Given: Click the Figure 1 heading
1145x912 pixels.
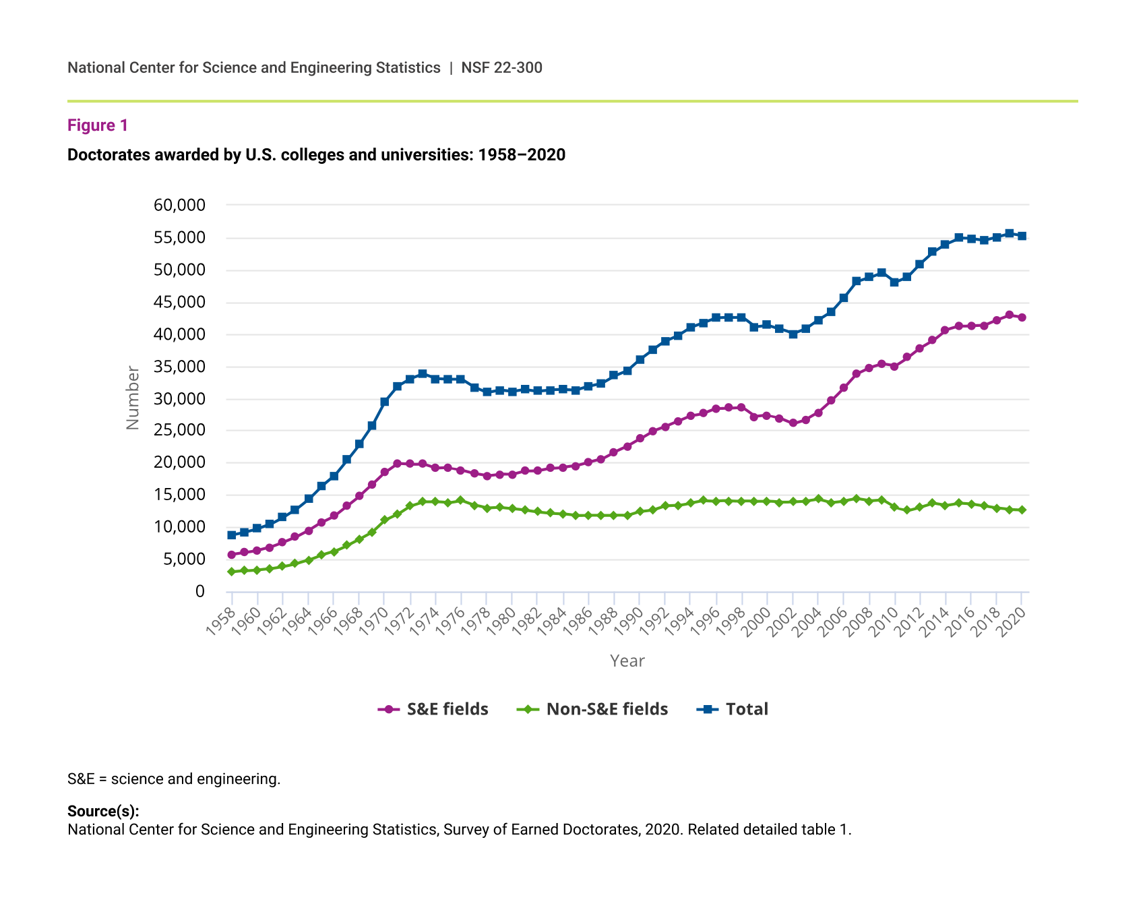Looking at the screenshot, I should [98, 125].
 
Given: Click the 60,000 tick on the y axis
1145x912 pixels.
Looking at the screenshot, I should [179, 205].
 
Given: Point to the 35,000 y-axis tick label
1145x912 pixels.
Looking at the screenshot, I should [179, 367].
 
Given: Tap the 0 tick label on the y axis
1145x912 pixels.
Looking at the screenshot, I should [199, 591].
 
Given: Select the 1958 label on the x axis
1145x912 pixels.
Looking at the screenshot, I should [220, 621].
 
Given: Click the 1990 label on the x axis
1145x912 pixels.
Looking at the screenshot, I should [628, 621].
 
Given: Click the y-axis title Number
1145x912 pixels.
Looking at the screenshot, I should [133, 398].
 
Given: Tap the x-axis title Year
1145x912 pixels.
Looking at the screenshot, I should [627, 661].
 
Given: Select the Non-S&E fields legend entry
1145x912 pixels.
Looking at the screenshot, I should [593, 709].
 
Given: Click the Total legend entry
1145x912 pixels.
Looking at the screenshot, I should [733, 709].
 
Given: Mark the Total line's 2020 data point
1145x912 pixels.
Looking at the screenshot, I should [1022, 236].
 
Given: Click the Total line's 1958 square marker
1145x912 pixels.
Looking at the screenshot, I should [232, 535].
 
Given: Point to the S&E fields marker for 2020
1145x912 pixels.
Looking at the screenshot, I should [1022, 317].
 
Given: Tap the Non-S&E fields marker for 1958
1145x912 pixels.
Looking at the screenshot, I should [232, 572].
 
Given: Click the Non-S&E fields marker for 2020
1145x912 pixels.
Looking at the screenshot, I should [1022, 510].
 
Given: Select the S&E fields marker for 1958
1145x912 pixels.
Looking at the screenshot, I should [232, 555].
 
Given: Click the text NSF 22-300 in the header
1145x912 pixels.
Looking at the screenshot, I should [501, 67].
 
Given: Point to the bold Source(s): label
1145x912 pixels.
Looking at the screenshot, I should [103, 812].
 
